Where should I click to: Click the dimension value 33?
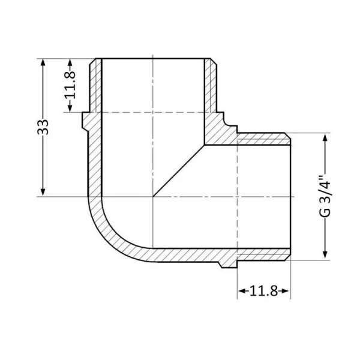[x=43, y=127]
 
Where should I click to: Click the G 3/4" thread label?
[x=325, y=196]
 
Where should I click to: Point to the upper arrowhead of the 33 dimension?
[x=43, y=62]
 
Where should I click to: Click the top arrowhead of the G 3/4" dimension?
[x=325, y=137]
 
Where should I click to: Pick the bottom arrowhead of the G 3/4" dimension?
[x=325, y=256]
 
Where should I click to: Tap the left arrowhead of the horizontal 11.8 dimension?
[x=241, y=292]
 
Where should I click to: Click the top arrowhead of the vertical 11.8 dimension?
[x=71, y=62]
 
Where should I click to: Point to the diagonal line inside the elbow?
[x=179, y=170]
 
